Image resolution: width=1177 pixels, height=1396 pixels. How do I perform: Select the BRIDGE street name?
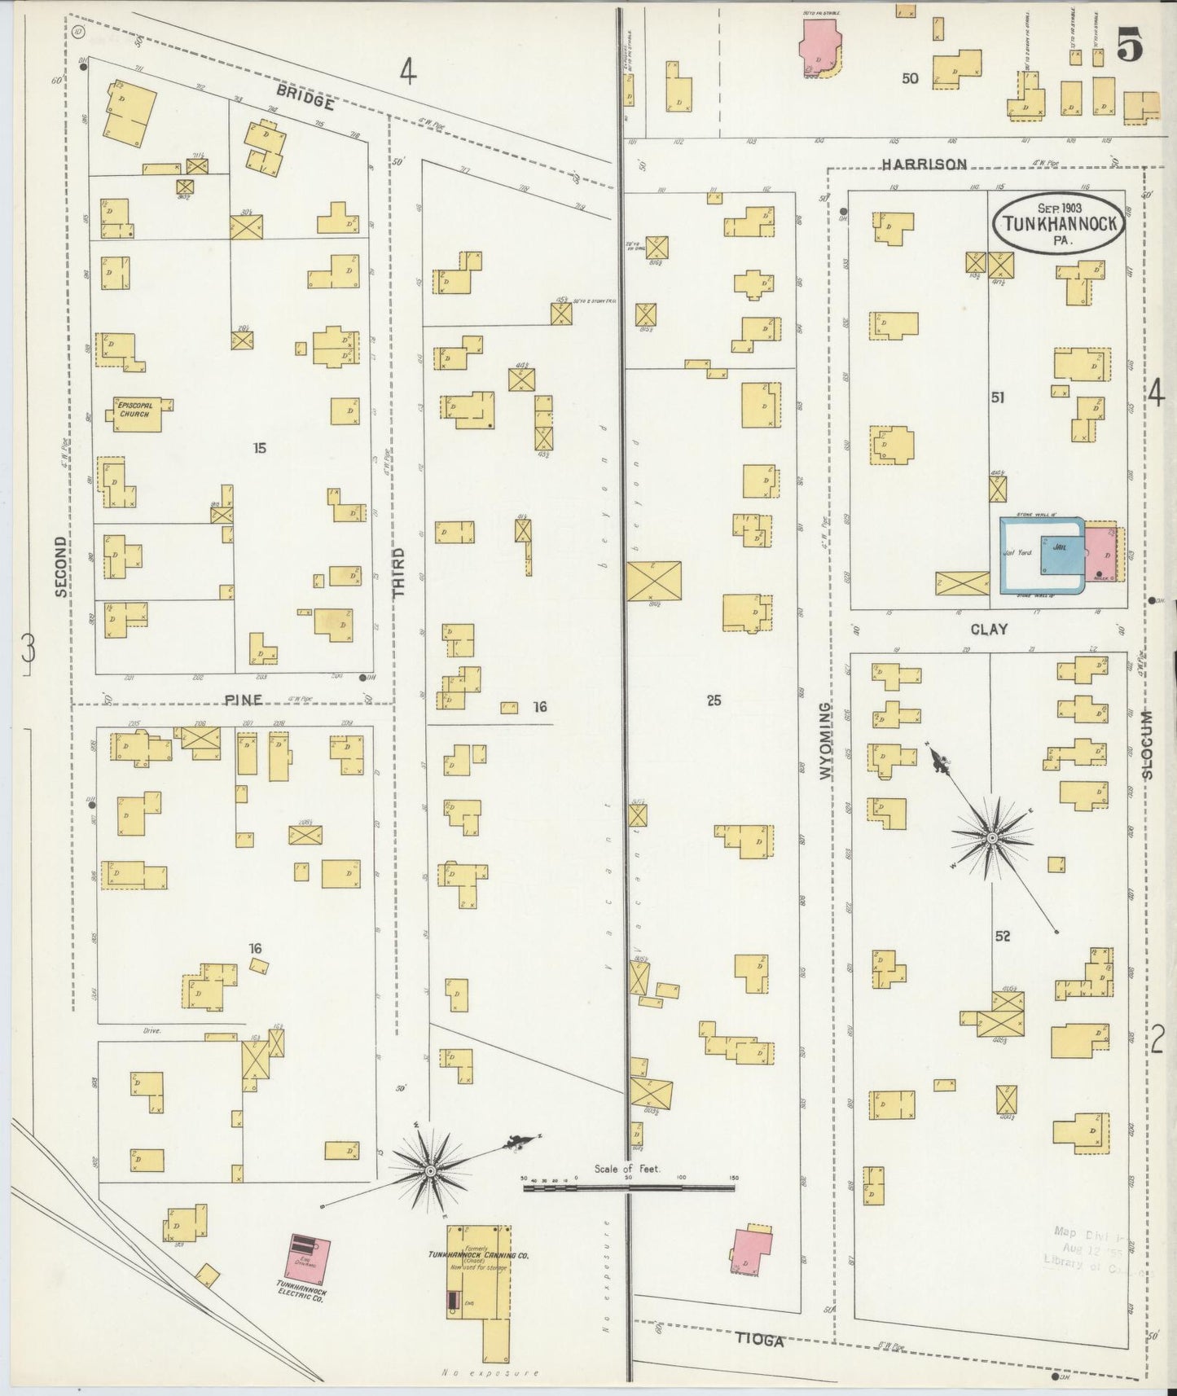(305, 97)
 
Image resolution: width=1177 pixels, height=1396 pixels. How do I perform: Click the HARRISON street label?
(924, 165)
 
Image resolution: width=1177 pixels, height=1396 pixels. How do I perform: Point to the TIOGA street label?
(760, 1340)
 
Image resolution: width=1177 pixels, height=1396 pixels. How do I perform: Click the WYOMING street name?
(827, 741)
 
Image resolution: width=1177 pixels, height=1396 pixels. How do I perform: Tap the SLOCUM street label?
(1147, 744)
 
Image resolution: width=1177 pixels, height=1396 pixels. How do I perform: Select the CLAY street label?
(989, 629)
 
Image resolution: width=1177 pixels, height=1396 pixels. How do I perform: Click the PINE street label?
(244, 700)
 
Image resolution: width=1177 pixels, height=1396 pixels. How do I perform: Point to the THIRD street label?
(399, 573)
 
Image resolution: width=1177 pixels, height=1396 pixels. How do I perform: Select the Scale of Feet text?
(627, 1169)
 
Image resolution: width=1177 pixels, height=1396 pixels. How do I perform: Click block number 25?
(714, 700)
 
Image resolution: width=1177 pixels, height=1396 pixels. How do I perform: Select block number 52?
(1002, 937)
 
